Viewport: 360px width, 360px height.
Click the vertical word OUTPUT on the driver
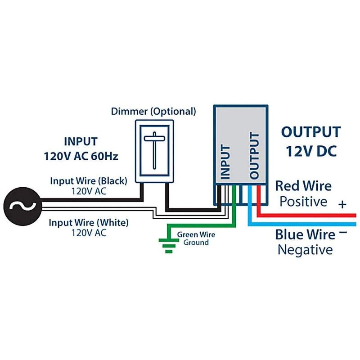(x=255, y=155)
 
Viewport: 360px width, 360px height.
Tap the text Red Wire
(x=303, y=186)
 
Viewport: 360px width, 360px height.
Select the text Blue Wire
(x=305, y=234)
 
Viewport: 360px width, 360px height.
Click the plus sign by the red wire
(x=343, y=205)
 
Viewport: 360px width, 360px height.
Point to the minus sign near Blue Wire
(x=343, y=233)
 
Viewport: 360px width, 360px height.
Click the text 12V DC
(x=310, y=151)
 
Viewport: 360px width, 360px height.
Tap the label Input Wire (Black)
(x=89, y=180)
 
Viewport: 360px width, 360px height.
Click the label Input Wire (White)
(x=89, y=222)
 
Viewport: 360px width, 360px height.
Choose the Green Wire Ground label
(x=196, y=238)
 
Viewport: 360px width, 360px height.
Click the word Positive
(x=303, y=201)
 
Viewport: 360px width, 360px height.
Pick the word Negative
(x=305, y=250)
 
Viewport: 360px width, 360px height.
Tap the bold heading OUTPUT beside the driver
(x=310, y=132)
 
